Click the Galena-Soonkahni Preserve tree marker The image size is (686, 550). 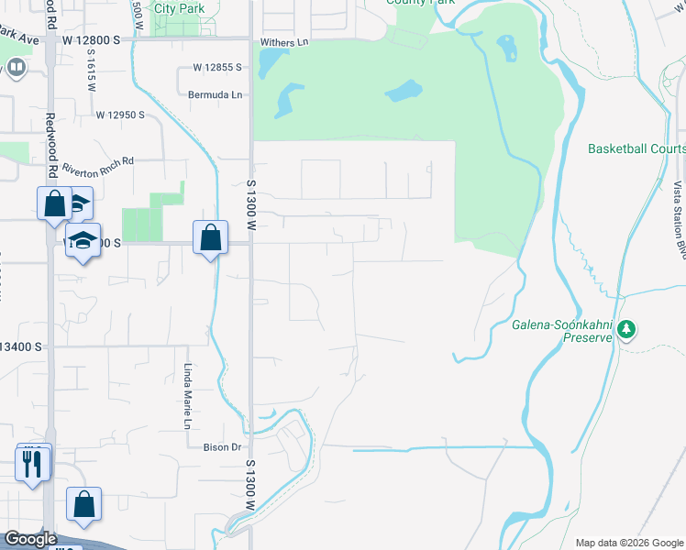pos(626,328)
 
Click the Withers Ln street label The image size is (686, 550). pos(284,43)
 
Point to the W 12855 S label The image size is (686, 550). pos(217,68)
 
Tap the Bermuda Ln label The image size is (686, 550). pos(215,94)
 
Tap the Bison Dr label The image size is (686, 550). pos(221,447)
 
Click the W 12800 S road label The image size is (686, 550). pos(93,40)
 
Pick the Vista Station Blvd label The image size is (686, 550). pos(679,215)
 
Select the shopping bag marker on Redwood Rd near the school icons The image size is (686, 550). pos(54,203)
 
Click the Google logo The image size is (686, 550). pos(31,539)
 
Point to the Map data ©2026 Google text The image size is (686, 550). pos(628,543)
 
